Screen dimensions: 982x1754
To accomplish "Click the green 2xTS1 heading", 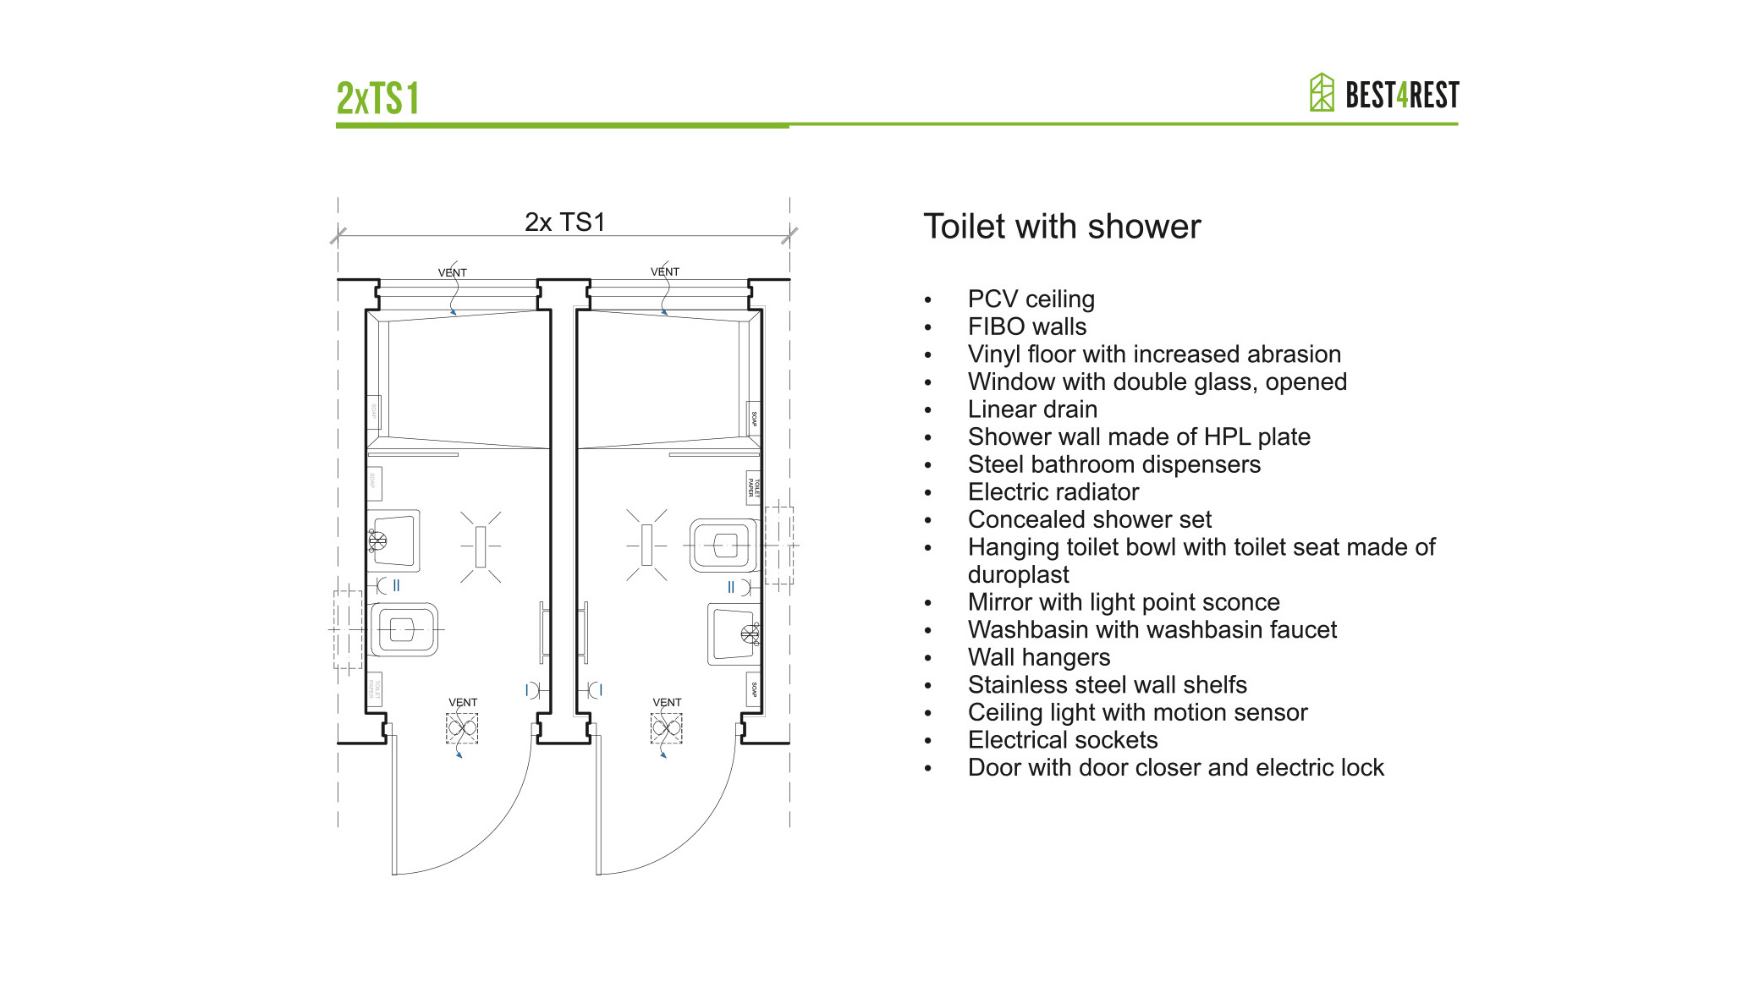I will (377, 98).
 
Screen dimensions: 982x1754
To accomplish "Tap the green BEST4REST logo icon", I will (1321, 92).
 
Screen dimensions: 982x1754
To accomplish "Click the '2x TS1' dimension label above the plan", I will (564, 222).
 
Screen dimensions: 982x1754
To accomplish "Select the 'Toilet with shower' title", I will (1061, 227).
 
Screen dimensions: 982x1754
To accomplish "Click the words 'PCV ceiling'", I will (1031, 299).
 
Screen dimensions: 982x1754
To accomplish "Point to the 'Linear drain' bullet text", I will (1032, 409).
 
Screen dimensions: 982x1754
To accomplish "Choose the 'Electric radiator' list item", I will (1053, 492).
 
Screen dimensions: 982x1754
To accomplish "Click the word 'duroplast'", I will (1018, 575).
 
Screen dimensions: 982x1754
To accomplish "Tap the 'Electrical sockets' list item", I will (1062, 740).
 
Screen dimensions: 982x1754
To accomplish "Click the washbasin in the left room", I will (394, 540).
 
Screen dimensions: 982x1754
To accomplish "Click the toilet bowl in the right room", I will (723, 546).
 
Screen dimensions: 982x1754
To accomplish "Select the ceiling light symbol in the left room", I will (481, 546).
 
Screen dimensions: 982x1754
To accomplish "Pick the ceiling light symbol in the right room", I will (647, 545).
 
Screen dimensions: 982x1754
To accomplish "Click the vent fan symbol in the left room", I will (462, 727).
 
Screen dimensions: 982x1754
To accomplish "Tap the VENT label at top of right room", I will (664, 272).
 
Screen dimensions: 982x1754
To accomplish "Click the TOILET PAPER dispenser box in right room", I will (752, 487).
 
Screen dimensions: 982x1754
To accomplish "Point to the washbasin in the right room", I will (733, 634).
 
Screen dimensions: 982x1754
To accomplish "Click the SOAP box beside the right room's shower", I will (754, 419).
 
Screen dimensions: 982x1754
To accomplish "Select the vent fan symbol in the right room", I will (666, 727).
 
